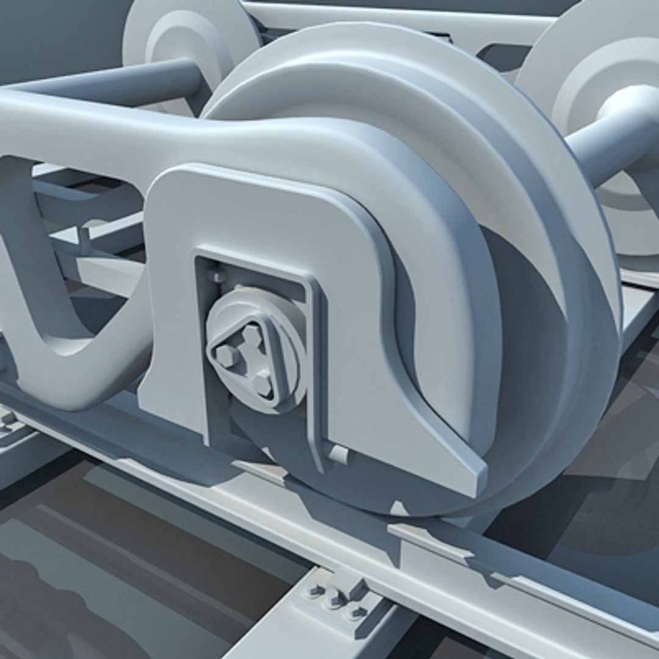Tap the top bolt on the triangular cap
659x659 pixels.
click(x=251, y=335)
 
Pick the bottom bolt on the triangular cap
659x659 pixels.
click(x=262, y=383)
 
